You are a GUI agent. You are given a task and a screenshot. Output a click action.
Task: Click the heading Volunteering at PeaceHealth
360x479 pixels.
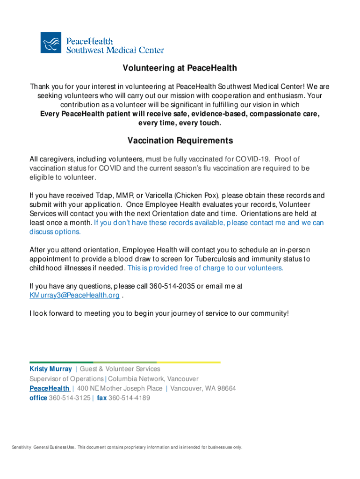180,68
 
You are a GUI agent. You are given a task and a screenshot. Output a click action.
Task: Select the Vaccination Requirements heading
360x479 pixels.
180,141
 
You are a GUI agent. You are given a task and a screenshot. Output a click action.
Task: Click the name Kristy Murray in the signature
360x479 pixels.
50,369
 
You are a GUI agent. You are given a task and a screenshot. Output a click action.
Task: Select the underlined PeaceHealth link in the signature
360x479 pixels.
50,388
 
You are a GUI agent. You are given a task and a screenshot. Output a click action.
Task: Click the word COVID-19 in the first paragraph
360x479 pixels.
253,159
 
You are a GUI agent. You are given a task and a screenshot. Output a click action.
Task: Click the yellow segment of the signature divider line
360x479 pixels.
188,362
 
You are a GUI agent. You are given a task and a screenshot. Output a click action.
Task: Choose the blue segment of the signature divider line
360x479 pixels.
61,362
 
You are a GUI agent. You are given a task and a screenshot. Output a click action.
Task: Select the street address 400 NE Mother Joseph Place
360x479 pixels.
120,388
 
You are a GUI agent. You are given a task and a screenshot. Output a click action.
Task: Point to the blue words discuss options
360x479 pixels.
55,232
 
